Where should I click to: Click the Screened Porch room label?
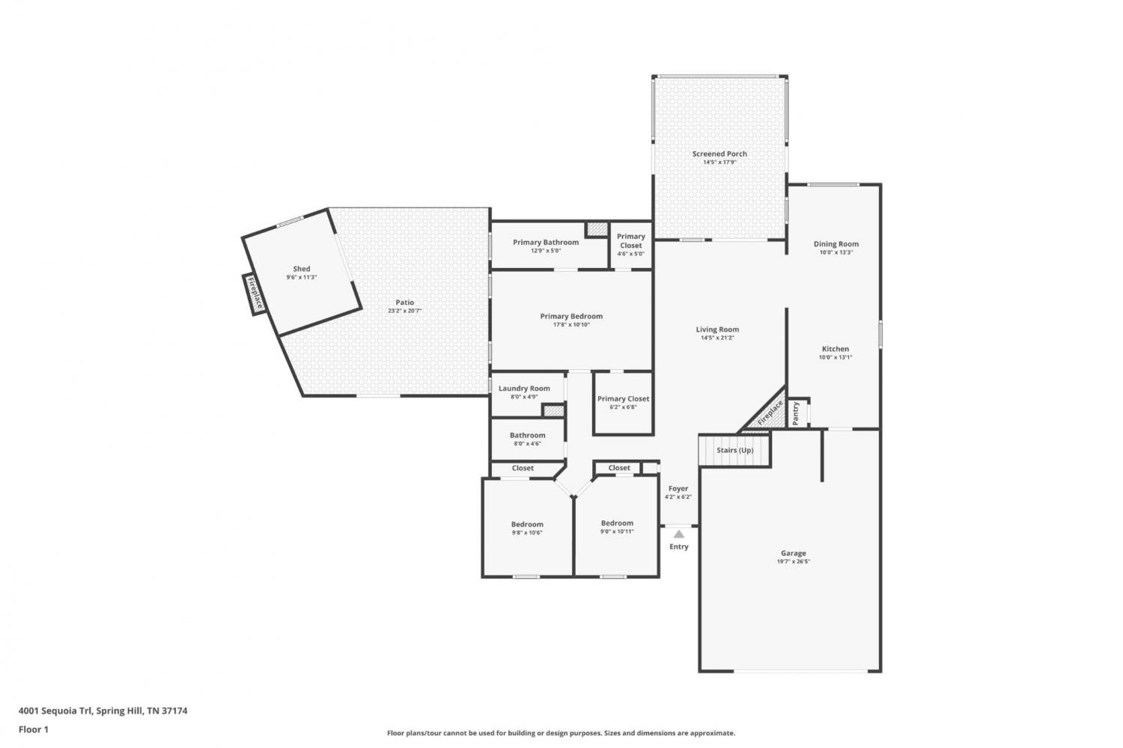point(719,154)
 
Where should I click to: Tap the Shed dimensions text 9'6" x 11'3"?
point(301,277)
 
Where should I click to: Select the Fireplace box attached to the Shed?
point(255,294)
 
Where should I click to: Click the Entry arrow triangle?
point(678,535)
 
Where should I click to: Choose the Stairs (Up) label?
point(734,450)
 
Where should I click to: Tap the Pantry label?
point(796,413)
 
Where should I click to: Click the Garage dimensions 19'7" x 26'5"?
point(793,562)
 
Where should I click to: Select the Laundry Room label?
point(524,388)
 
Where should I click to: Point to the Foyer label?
point(678,488)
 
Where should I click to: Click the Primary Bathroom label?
point(546,242)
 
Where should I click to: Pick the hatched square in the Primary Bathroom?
point(597,228)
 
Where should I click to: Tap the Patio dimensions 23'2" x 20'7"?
point(404,311)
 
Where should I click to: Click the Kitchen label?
point(836,349)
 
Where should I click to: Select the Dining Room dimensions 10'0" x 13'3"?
point(836,252)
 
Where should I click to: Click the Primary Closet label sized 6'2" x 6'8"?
point(623,398)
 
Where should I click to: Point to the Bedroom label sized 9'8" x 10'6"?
point(527,524)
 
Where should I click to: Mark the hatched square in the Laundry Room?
point(553,410)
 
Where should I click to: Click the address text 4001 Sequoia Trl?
point(55,711)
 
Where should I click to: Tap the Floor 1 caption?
point(34,729)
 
